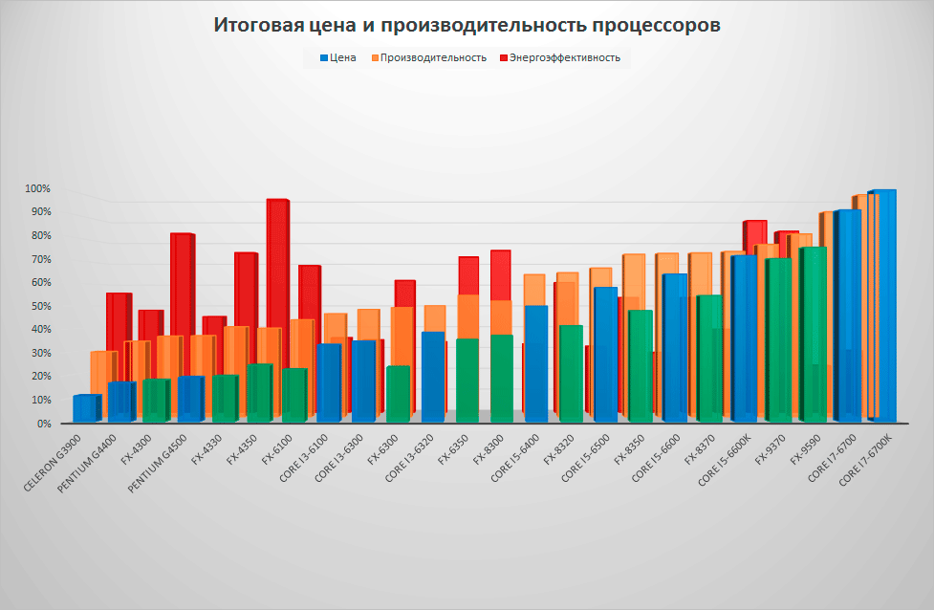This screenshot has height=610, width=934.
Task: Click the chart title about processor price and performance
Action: [x=467, y=26]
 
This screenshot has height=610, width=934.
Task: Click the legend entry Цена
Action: [x=342, y=57]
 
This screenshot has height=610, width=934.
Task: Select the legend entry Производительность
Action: [x=433, y=57]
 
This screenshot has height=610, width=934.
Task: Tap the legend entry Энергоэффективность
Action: [x=564, y=57]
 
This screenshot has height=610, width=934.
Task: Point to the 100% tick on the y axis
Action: [x=37, y=188]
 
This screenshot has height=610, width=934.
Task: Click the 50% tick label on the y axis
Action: [x=39, y=306]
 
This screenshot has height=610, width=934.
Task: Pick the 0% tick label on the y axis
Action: [x=42, y=424]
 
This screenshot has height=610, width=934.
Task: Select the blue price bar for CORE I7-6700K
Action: [x=882, y=306]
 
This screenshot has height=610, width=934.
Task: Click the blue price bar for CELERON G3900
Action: [x=86, y=408]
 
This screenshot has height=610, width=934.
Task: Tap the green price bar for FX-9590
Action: [x=814, y=335]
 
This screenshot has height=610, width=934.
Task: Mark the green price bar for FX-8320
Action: [x=571, y=373]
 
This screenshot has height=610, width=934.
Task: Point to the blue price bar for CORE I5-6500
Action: [x=605, y=354]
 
